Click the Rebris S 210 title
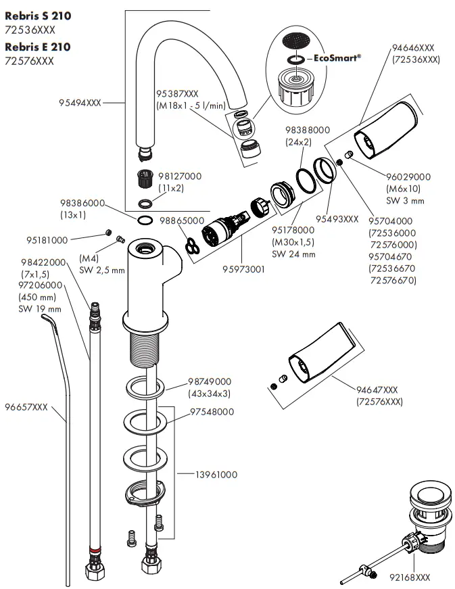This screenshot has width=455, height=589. [38, 15]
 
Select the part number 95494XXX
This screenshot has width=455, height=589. [80, 103]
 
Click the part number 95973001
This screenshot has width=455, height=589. [243, 269]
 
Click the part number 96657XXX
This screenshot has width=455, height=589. [26, 407]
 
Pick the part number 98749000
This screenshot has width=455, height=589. [210, 381]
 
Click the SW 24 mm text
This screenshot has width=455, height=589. [293, 254]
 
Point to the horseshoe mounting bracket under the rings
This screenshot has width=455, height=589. [145, 492]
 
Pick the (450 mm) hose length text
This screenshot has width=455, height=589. [39, 298]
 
